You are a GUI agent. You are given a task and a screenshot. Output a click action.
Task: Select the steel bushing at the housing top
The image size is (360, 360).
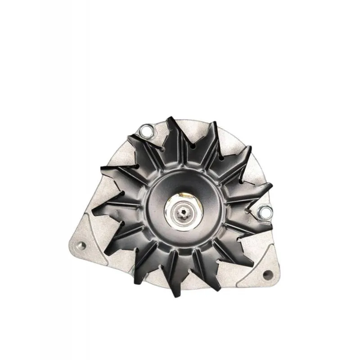(x=146, y=131)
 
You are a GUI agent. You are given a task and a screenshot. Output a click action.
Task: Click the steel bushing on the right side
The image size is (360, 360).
(x=265, y=212)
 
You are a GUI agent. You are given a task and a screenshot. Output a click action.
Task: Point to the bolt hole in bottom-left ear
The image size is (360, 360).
(x=81, y=245)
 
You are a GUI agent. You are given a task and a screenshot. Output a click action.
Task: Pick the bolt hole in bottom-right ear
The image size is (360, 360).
(x=268, y=274)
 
